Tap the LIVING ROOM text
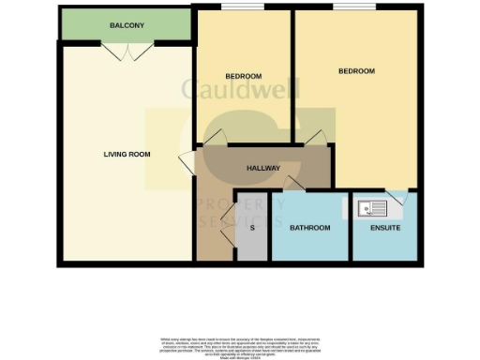pyautogui.click(x=127, y=154)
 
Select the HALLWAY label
pyautogui.click(x=263, y=169)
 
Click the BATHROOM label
pyautogui.click(x=309, y=228)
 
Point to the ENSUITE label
pyautogui.click(x=382, y=228)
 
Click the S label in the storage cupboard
pyautogui.click(x=252, y=228)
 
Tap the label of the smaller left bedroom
pyautogui.click(x=243, y=76)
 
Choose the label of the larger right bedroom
pyautogui.click(x=356, y=71)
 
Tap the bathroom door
pyautogui.click(x=293, y=183)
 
